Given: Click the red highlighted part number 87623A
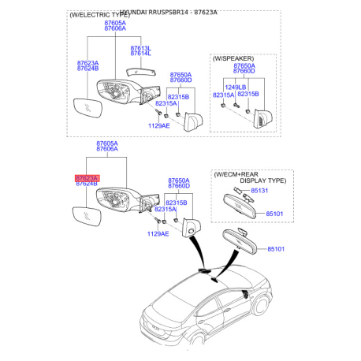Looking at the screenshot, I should [87, 179].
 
